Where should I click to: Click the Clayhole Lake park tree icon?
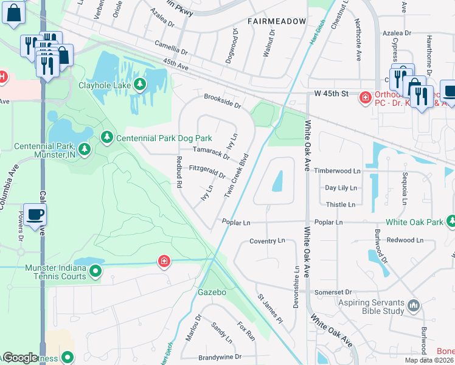pos(141,85)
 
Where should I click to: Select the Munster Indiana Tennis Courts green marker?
pos(96,272)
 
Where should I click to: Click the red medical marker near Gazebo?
pos(164,262)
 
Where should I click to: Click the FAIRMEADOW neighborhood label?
pos(277,21)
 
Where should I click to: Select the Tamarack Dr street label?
pos(211,152)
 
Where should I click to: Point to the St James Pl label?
pos(270,309)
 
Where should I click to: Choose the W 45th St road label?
pos(330,94)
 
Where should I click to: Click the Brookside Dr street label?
pos(222,100)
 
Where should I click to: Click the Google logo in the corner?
pos(21,358)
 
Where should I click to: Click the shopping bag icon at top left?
pos(13,13)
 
